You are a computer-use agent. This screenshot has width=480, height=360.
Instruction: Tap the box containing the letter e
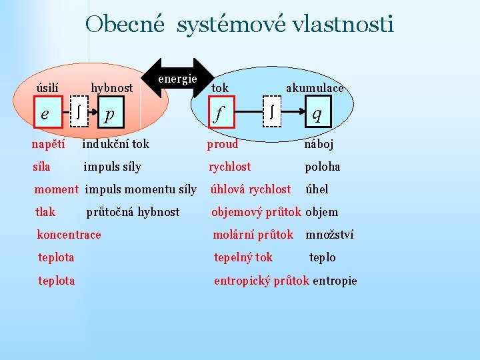(x=45, y=114)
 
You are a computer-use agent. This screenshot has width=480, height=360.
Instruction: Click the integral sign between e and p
(x=80, y=114)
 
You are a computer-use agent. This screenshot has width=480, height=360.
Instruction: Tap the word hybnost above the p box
(x=111, y=87)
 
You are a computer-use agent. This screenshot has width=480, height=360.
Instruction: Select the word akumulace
(x=315, y=87)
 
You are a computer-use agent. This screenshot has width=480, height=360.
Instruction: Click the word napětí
(x=48, y=143)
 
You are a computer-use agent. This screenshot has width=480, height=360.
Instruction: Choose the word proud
(x=223, y=143)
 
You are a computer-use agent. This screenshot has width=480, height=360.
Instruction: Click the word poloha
(x=323, y=167)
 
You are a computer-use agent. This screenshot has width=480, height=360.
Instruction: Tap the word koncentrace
(x=69, y=234)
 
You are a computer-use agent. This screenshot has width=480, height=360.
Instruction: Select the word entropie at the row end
(x=335, y=281)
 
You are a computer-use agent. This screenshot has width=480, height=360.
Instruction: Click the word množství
(x=329, y=234)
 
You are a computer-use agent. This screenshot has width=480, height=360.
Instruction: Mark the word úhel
(x=317, y=189)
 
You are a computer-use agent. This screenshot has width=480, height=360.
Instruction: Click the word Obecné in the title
(x=125, y=25)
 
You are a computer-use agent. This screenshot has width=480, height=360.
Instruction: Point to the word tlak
(x=45, y=212)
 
